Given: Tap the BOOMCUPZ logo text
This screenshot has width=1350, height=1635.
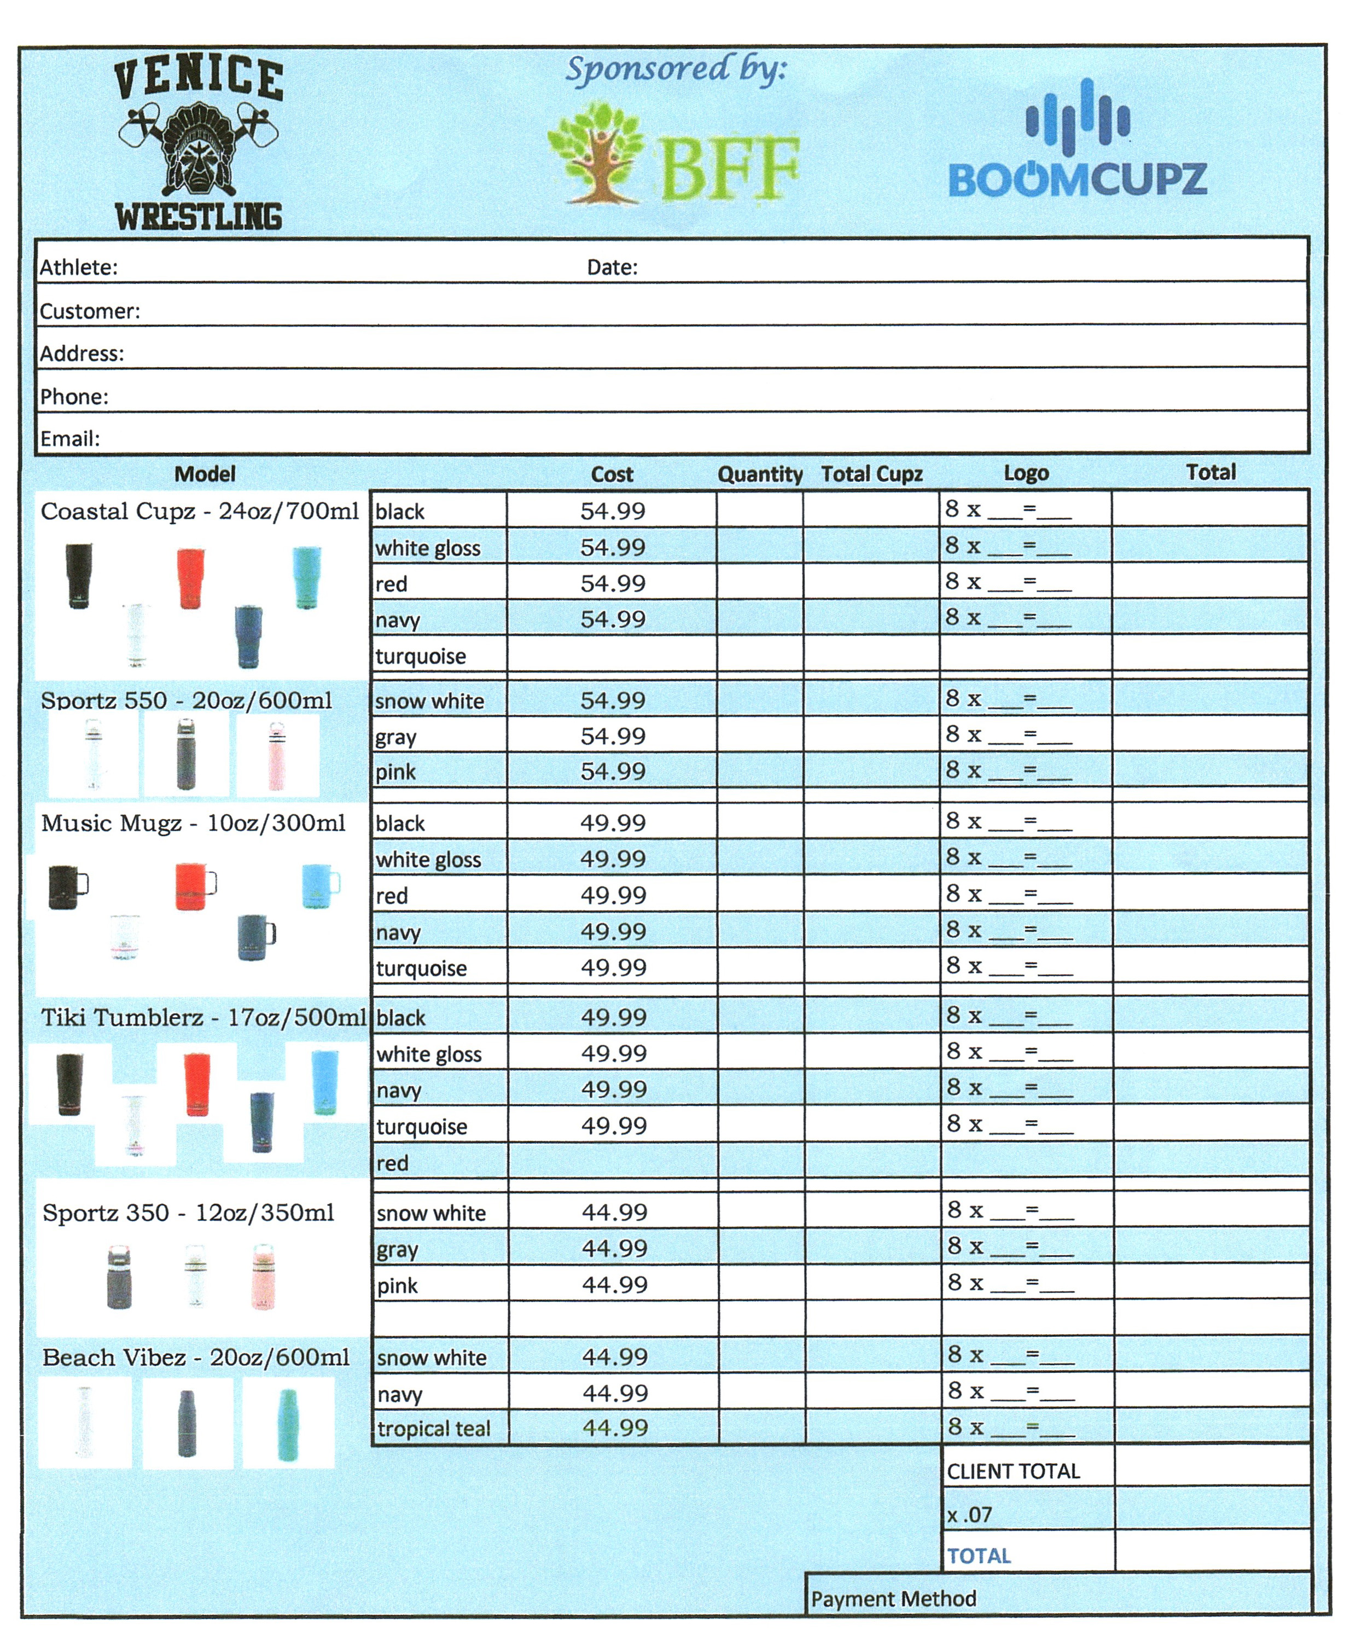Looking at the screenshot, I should click(x=1077, y=179).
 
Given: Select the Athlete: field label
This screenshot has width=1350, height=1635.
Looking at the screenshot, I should click(x=79, y=268).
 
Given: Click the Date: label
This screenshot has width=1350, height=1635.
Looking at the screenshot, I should click(x=612, y=268).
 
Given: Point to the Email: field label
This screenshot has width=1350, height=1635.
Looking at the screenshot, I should click(x=70, y=439).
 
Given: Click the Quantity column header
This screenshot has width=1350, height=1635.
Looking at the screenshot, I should click(x=759, y=474).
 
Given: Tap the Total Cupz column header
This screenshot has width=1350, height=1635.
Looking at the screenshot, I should click(x=872, y=474).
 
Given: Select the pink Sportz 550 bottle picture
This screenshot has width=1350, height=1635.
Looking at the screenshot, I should click(x=276, y=755).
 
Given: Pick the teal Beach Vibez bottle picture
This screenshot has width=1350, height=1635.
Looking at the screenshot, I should click(x=287, y=1423).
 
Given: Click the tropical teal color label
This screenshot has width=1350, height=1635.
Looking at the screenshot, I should click(x=433, y=1429).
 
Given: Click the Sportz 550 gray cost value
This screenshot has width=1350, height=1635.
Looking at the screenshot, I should click(x=613, y=736).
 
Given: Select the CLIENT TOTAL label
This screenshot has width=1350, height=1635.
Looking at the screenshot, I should click(x=1013, y=1471).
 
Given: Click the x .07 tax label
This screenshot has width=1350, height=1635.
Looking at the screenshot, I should click(x=969, y=1515).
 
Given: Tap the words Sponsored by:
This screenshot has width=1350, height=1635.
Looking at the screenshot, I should click(x=675, y=70).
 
